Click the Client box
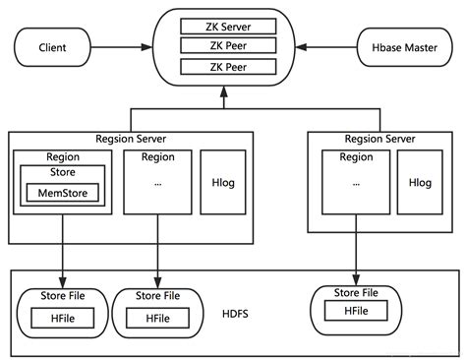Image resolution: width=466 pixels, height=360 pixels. coord(51,46)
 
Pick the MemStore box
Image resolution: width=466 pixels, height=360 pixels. coord(62,192)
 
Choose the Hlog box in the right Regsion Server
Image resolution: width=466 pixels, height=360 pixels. coord(421,183)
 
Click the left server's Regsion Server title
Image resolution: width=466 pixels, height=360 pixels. coord(131,139)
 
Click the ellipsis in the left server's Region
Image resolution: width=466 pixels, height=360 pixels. coord(157,183)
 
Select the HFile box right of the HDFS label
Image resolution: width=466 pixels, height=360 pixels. coord(355,311)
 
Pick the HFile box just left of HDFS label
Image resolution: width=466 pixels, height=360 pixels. coord(157,319)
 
